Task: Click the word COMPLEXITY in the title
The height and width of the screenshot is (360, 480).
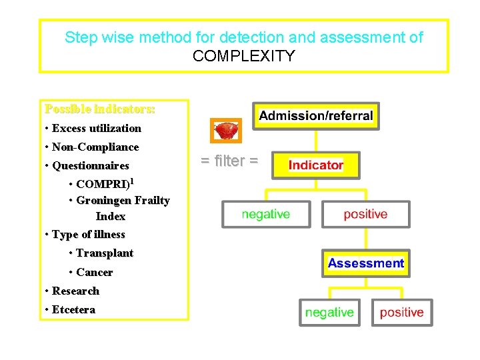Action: click(x=243, y=56)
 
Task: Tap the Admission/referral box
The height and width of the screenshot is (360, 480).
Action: click(x=316, y=116)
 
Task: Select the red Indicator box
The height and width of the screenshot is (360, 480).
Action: click(x=316, y=165)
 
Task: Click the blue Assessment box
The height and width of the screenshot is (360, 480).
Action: click(x=365, y=263)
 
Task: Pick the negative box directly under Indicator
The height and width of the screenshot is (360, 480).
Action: click(x=266, y=214)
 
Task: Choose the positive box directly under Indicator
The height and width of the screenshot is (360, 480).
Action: click(x=365, y=214)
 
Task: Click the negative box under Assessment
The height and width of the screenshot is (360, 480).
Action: click(x=329, y=312)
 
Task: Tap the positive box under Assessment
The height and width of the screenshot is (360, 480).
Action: click(x=402, y=312)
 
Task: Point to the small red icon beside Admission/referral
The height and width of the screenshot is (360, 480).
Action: click(x=227, y=131)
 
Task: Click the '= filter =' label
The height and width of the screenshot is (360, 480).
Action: click(x=229, y=161)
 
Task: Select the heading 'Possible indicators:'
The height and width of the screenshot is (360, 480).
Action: click(x=100, y=109)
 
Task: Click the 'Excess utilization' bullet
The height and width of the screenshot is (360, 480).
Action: click(x=96, y=128)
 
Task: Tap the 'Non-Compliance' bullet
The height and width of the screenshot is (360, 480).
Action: click(x=95, y=147)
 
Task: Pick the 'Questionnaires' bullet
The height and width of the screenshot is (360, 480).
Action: click(x=90, y=165)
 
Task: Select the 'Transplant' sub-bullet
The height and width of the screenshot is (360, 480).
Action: click(x=104, y=253)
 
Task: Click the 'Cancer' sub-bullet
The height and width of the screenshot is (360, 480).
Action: click(x=94, y=272)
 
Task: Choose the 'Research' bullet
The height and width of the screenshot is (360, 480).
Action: click(x=75, y=291)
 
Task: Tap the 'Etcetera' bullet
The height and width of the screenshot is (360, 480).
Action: click(x=73, y=309)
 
